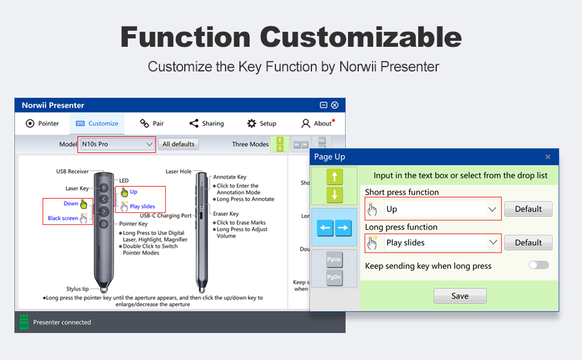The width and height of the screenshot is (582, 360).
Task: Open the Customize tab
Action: [97, 124]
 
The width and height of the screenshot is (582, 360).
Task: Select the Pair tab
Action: [152, 124]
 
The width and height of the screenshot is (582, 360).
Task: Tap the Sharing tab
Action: [206, 124]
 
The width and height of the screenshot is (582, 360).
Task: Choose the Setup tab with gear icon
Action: [262, 124]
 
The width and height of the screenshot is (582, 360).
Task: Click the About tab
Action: [317, 124]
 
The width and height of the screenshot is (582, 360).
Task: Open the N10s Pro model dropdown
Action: [118, 144]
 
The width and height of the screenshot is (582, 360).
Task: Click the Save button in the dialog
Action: [460, 296]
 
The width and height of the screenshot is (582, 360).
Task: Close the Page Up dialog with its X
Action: [547, 157]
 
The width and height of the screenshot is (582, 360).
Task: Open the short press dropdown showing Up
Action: [433, 209]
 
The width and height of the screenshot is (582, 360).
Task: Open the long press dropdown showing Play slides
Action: [433, 242]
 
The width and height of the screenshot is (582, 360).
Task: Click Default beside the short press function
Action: [528, 209]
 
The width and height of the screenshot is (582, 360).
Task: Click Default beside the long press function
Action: [528, 242]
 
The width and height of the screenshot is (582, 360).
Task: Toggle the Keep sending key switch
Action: [538, 265]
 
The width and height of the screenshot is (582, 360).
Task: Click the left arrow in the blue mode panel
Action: [326, 227]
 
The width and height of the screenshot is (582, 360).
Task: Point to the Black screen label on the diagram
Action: [63, 218]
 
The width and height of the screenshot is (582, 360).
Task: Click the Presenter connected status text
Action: [62, 322]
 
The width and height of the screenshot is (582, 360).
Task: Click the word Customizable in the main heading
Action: [361, 37]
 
